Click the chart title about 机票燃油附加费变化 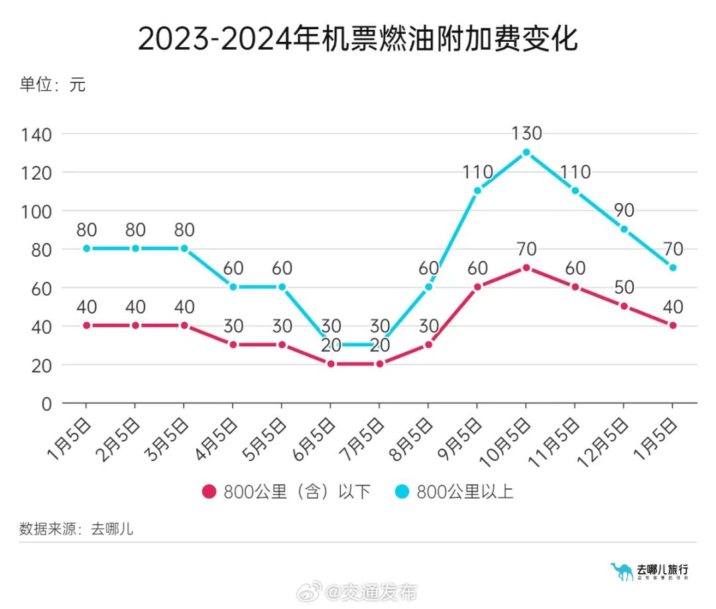tap(358, 39)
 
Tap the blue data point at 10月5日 tap(526, 152)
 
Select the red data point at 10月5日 tap(526, 267)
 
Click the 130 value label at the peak tap(526, 133)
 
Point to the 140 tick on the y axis tap(36, 134)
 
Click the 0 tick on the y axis tap(46, 403)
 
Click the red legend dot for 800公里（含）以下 tap(209, 492)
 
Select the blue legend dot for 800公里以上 tap(402, 492)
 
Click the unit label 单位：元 tap(52, 85)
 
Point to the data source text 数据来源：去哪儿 tap(76, 529)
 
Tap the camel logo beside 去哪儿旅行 tap(621, 571)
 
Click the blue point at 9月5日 tap(477, 190)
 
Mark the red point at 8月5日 tap(428, 344)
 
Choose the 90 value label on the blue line tap(624, 210)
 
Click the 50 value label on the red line tap(624, 287)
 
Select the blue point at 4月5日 tap(233, 287)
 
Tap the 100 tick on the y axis tap(36, 211)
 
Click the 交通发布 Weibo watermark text tap(381, 592)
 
